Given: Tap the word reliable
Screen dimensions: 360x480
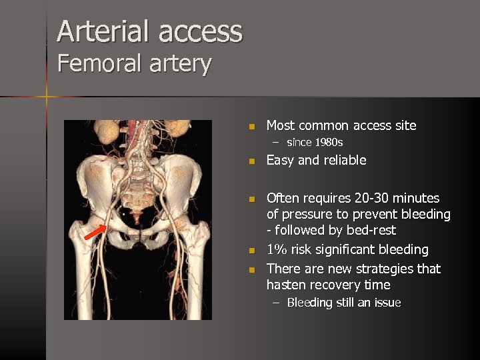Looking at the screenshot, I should pyautogui.click(x=345, y=160).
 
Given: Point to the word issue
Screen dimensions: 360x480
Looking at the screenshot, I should pyautogui.click(x=387, y=303).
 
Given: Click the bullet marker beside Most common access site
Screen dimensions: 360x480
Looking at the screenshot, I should pyautogui.click(x=251, y=126).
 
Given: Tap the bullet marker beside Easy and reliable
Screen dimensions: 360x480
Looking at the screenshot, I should pyautogui.click(x=251, y=161).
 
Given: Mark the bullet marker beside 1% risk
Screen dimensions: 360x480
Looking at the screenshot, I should pyautogui.click(x=251, y=251).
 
